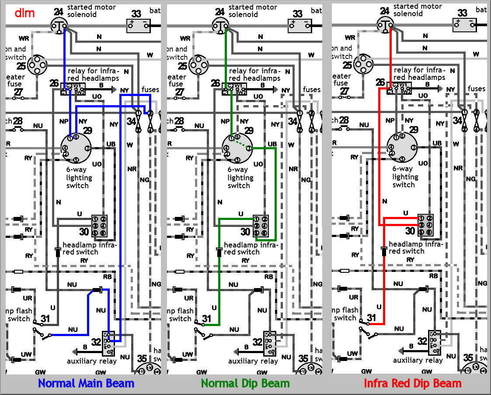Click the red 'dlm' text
point(24,13)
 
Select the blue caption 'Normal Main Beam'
point(86,384)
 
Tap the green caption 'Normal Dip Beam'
point(245,384)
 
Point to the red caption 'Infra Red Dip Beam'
point(412,384)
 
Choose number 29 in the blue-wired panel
point(87,130)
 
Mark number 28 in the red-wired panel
point(344,120)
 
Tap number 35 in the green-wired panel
point(303,359)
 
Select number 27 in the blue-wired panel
point(18,92)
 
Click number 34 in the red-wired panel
point(457,120)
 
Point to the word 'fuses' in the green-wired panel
point(312,89)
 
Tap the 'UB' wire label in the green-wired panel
point(272,144)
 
